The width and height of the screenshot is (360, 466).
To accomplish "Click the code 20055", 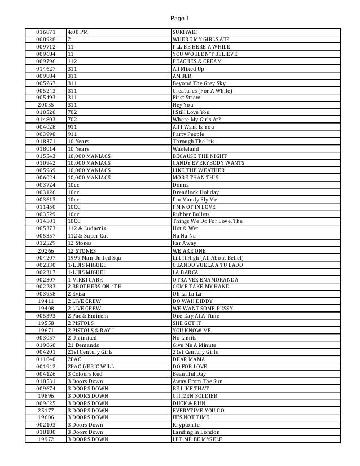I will pyautogui.click(x=46, y=105).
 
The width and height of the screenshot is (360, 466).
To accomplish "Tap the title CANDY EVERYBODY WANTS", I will pyautogui.click(x=208, y=163).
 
